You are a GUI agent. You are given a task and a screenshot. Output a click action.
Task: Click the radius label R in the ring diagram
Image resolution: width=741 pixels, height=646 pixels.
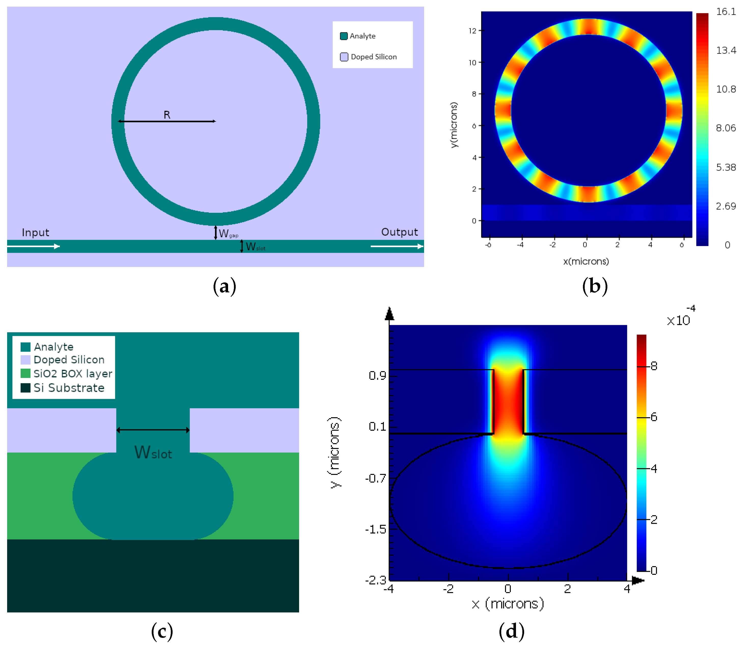point(167,115)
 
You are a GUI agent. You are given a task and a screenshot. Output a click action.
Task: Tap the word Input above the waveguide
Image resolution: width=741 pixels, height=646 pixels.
point(35,233)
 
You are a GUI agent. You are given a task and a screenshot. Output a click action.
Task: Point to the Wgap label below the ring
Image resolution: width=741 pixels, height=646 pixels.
point(228,234)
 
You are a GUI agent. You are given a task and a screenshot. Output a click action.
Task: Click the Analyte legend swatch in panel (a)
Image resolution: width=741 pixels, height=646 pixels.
point(344,36)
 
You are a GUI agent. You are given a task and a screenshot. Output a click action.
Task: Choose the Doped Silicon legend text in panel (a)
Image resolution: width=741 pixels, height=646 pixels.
point(374,57)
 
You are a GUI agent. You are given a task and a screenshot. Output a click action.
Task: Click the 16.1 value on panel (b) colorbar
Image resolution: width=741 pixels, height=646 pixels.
point(725,12)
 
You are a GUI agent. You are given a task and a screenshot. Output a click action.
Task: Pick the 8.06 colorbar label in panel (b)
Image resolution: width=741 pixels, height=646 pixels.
point(725,128)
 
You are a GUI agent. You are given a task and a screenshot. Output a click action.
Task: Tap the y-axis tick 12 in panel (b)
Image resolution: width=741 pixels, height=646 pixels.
point(472,31)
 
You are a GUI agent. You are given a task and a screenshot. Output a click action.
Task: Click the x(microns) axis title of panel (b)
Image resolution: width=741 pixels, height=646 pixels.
point(586,261)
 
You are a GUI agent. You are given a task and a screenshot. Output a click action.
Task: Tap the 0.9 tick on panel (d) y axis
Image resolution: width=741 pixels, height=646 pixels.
point(378,376)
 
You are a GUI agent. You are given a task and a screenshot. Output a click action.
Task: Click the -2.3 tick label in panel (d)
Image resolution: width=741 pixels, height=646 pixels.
point(375,580)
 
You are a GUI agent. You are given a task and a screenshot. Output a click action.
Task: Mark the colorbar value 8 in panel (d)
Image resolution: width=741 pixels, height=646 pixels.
point(654,366)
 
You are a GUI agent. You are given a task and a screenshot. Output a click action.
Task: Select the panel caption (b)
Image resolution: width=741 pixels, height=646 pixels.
point(595,286)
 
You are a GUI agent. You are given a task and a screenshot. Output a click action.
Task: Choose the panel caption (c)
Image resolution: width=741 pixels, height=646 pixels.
point(162,631)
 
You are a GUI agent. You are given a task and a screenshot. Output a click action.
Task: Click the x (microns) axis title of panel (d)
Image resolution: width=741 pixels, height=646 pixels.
point(508,604)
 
